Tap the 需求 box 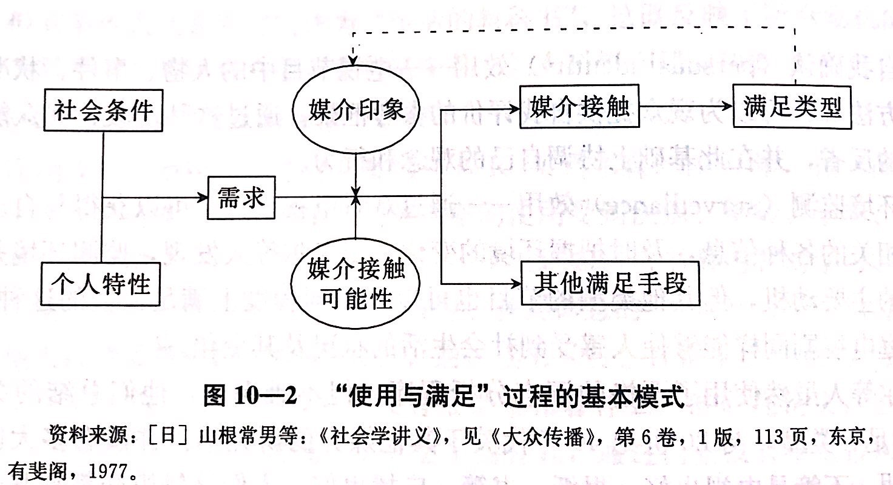point(241,198)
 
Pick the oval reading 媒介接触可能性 point(356,283)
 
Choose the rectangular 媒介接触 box point(580,108)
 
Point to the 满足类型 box point(792,108)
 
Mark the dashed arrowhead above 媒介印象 point(352,61)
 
